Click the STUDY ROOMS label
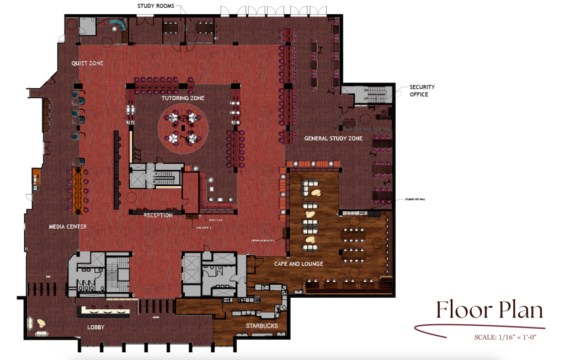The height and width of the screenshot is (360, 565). click(156, 6)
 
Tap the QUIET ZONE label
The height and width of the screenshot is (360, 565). click(87, 63)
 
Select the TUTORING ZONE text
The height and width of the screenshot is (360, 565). click(183, 98)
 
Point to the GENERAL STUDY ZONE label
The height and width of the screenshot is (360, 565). click(333, 138)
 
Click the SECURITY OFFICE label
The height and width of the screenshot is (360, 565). click(422, 91)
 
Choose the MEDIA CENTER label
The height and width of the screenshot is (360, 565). click(67, 227)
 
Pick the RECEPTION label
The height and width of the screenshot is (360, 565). click(158, 215)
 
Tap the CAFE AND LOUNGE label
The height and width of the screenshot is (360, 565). click(299, 264)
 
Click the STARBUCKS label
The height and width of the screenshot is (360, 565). click(262, 326)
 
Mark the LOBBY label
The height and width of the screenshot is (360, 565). click(96, 327)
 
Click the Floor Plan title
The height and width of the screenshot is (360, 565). click(489, 310)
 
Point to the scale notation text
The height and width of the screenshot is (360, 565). click(505, 337)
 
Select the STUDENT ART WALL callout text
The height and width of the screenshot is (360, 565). click(414, 199)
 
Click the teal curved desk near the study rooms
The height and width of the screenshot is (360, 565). click(116, 24)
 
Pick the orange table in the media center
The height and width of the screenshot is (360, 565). click(77, 186)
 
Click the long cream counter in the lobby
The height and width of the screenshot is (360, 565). click(106, 311)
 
